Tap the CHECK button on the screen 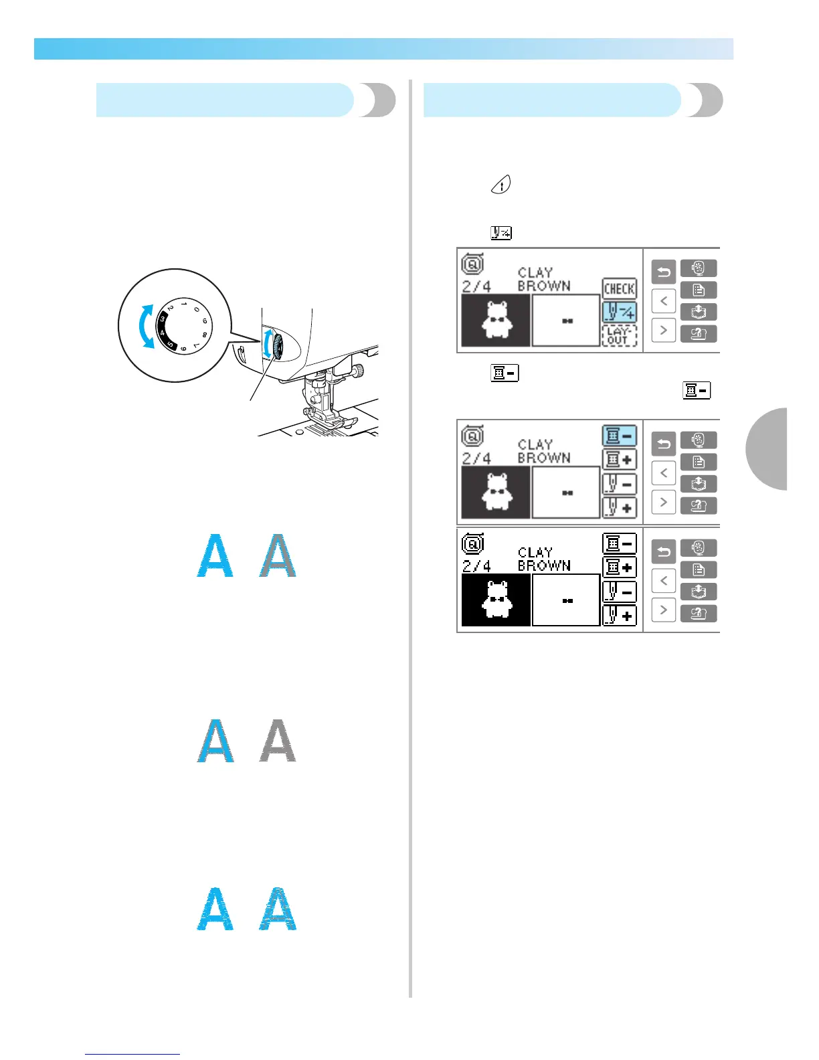click(619, 288)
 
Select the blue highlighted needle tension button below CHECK click(619, 312)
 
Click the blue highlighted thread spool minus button click(619, 436)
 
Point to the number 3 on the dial click(163, 319)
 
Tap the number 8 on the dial click(203, 333)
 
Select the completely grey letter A click(278, 741)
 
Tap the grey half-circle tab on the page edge click(768, 448)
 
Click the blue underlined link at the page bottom click(132, 1054)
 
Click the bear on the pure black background click(496, 600)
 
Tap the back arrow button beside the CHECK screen click(663, 272)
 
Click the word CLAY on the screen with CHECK click(535, 273)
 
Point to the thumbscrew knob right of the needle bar click(359, 369)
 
